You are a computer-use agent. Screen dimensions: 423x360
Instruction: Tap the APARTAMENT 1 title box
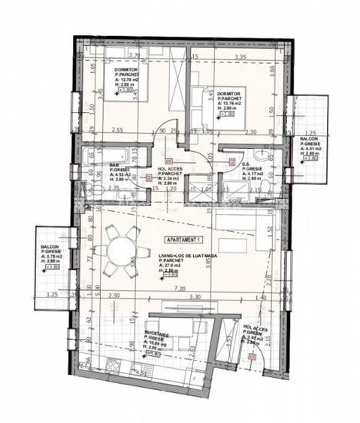point(183,238)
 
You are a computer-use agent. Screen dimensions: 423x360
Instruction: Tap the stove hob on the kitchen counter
point(115,367)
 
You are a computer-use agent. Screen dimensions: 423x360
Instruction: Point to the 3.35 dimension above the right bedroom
point(240,56)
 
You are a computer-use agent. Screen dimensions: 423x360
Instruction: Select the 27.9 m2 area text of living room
point(177,266)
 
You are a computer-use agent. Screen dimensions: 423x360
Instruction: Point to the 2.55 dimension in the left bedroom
point(116,130)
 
